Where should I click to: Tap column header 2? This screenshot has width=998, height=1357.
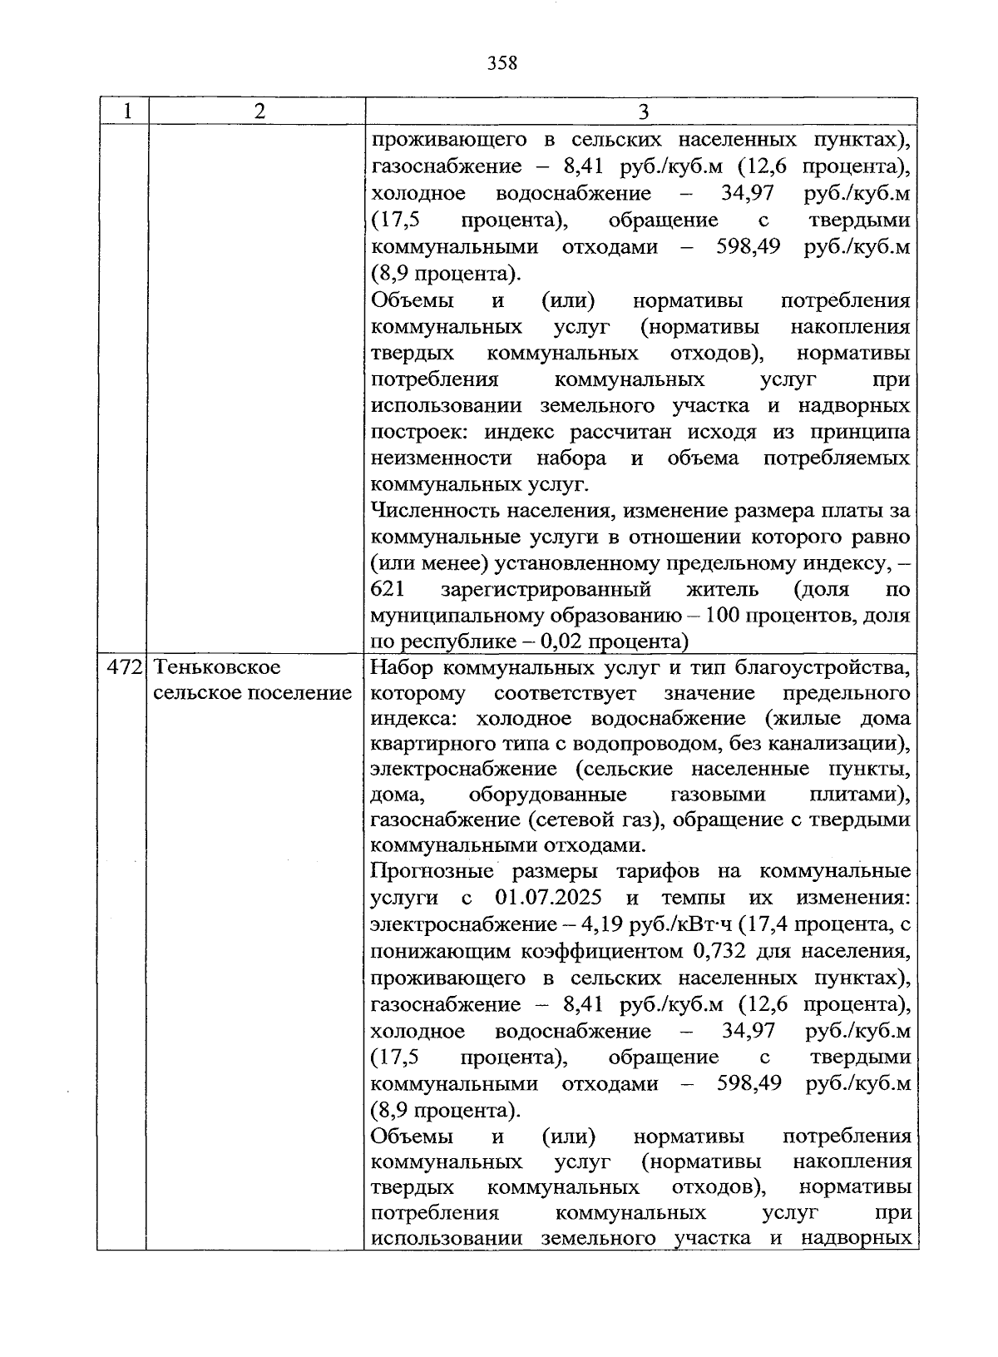point(259,111)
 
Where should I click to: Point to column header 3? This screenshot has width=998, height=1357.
point(642,111)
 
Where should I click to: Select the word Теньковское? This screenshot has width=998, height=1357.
point(217,667)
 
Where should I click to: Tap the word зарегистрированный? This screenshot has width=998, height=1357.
point(546,590)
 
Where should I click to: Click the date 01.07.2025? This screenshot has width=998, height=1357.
point(548,899)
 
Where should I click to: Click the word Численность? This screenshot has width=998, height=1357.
point(428,510)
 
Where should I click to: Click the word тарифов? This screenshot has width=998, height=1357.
point(657,872)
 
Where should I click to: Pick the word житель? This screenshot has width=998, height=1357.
point(722,590)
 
